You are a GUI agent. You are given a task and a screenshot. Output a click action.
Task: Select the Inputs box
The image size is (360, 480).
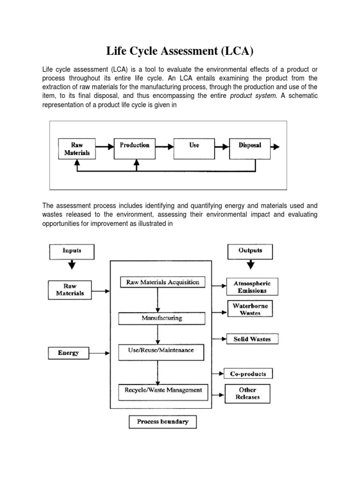[x=71, y=252]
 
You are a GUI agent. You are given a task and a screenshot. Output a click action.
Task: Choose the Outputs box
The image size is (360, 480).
[x=250, y=252]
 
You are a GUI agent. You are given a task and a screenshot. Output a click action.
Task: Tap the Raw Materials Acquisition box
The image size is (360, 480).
[x=163, y=282]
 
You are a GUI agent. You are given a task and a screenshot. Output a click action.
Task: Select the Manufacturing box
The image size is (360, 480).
[x=162, y=318]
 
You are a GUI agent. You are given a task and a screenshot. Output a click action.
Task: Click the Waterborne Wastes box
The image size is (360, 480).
[x=250, y=309]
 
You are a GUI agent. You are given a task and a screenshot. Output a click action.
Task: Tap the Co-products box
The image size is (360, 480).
[x=248, y=374]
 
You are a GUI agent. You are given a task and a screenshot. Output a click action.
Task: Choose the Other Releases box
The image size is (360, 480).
[x=247, y=393]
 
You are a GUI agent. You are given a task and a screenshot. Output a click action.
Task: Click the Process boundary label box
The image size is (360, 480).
[x=163, y=422]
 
